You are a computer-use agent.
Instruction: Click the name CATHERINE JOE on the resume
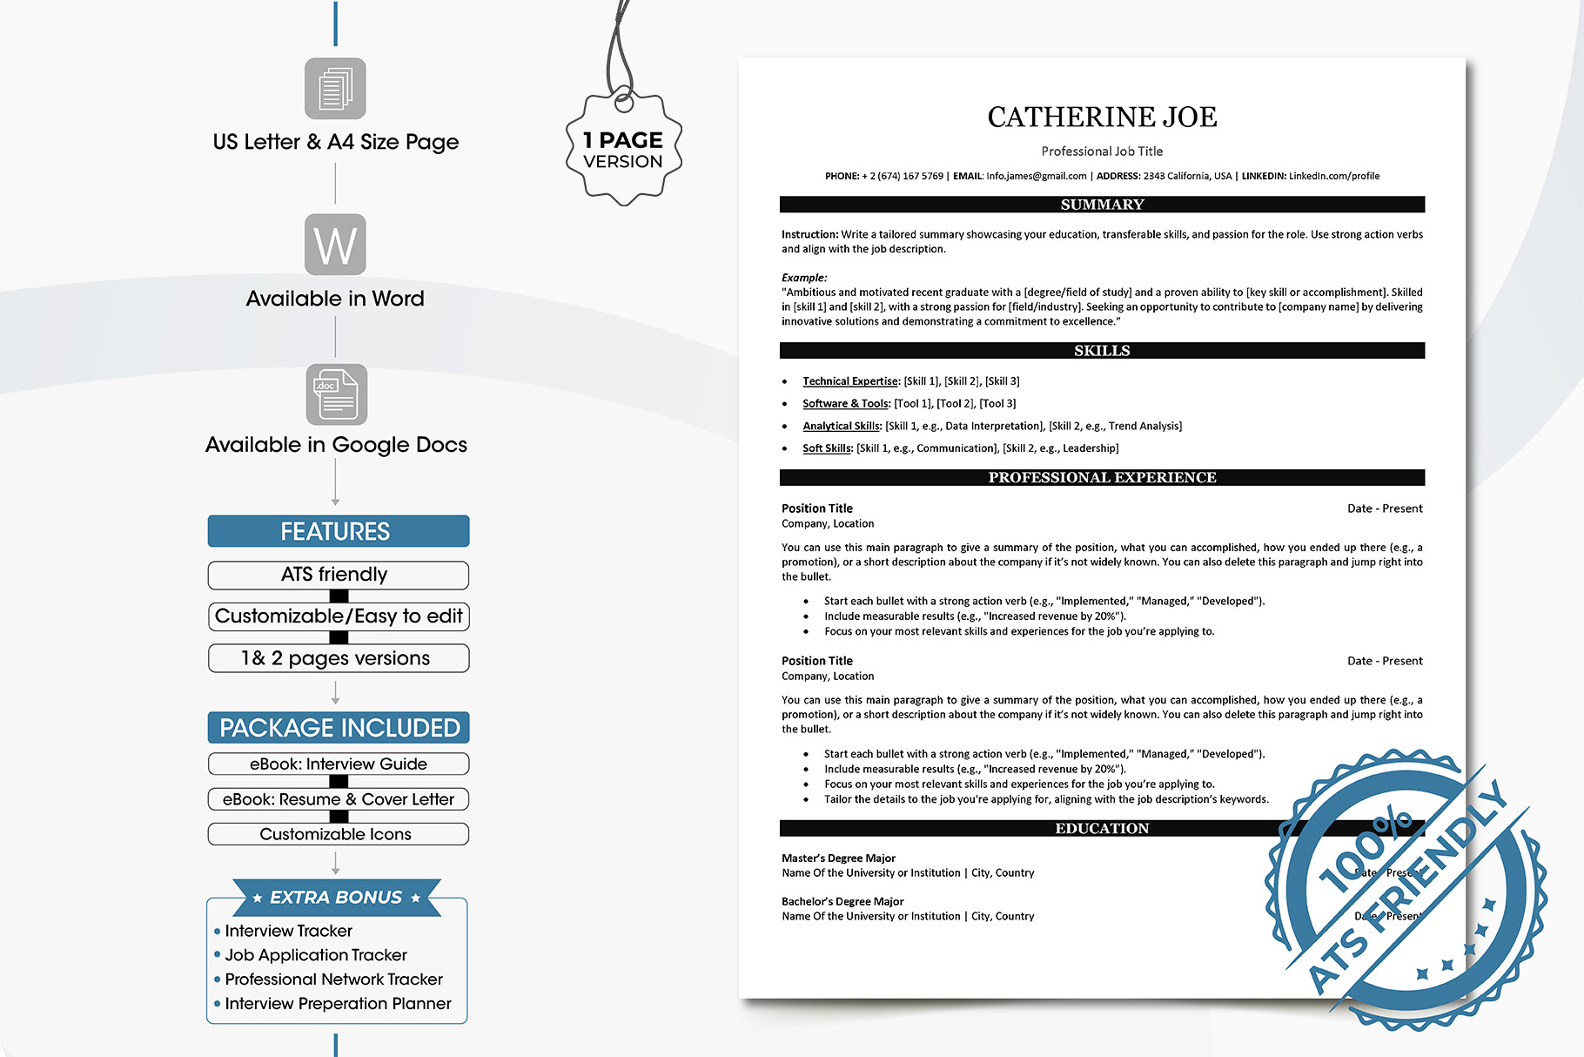click(1102, 118)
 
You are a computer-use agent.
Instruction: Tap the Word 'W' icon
click(335, 245)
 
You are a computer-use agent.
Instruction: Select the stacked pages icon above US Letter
click(335, 89)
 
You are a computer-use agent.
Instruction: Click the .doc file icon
click(337, 394)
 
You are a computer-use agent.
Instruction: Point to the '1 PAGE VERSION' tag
click(623, 150)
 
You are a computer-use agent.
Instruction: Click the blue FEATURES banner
click(338, 531)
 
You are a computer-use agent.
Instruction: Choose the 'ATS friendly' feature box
click(338, 575)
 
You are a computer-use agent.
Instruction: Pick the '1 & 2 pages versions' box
click(338, 658)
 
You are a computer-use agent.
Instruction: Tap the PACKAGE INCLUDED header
click(339, 728)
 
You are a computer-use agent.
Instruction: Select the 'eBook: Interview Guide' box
click(338, 764)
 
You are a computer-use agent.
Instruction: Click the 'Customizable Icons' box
click(338, 834)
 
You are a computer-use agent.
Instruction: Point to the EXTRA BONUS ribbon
click(336, 897)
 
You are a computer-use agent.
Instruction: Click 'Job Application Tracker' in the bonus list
click(316, 955)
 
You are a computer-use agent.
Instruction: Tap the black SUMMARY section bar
click(1102, 205)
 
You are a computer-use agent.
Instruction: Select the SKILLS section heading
click(1102, 351)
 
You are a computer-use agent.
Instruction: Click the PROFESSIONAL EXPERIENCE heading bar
click(1102, 477)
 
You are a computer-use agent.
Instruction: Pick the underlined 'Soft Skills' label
click(827, 448)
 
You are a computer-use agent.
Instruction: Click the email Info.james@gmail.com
click(1036, 176)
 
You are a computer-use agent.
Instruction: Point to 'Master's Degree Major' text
click(838, 858)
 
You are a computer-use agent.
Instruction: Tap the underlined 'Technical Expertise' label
click(849, 381)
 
